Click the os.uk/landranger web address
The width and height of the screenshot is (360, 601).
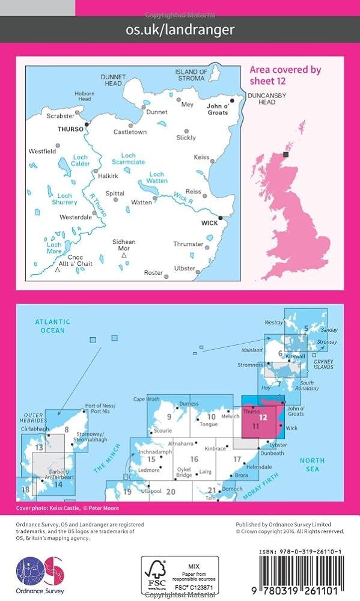pyautogui.click(x=180, y=29)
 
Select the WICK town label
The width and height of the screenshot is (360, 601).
pyautogui.click(x=210, y=222)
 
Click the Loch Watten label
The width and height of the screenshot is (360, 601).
pyautogui.click(x=156, y=178)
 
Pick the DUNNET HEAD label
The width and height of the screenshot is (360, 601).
pyautogui.click(x=113, y=80)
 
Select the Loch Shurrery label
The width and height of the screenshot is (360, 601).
pyautogui.click(x=64, y=199)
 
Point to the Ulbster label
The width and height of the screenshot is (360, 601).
pyautogui.click(x=185, y=268)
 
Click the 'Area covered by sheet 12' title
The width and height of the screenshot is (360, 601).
pyautogui.click(x=285, y=75)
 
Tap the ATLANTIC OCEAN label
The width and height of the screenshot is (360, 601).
pyautogui.click(x=52, y=326)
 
